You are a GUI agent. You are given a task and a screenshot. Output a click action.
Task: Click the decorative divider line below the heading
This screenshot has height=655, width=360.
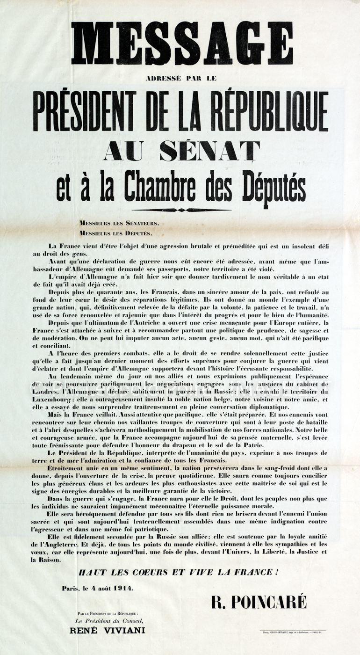[181, 210]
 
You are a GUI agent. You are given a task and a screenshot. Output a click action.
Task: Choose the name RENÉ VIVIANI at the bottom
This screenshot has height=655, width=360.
[107, 630]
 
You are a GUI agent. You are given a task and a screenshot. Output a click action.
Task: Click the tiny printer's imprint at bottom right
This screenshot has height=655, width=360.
[293, 632]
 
